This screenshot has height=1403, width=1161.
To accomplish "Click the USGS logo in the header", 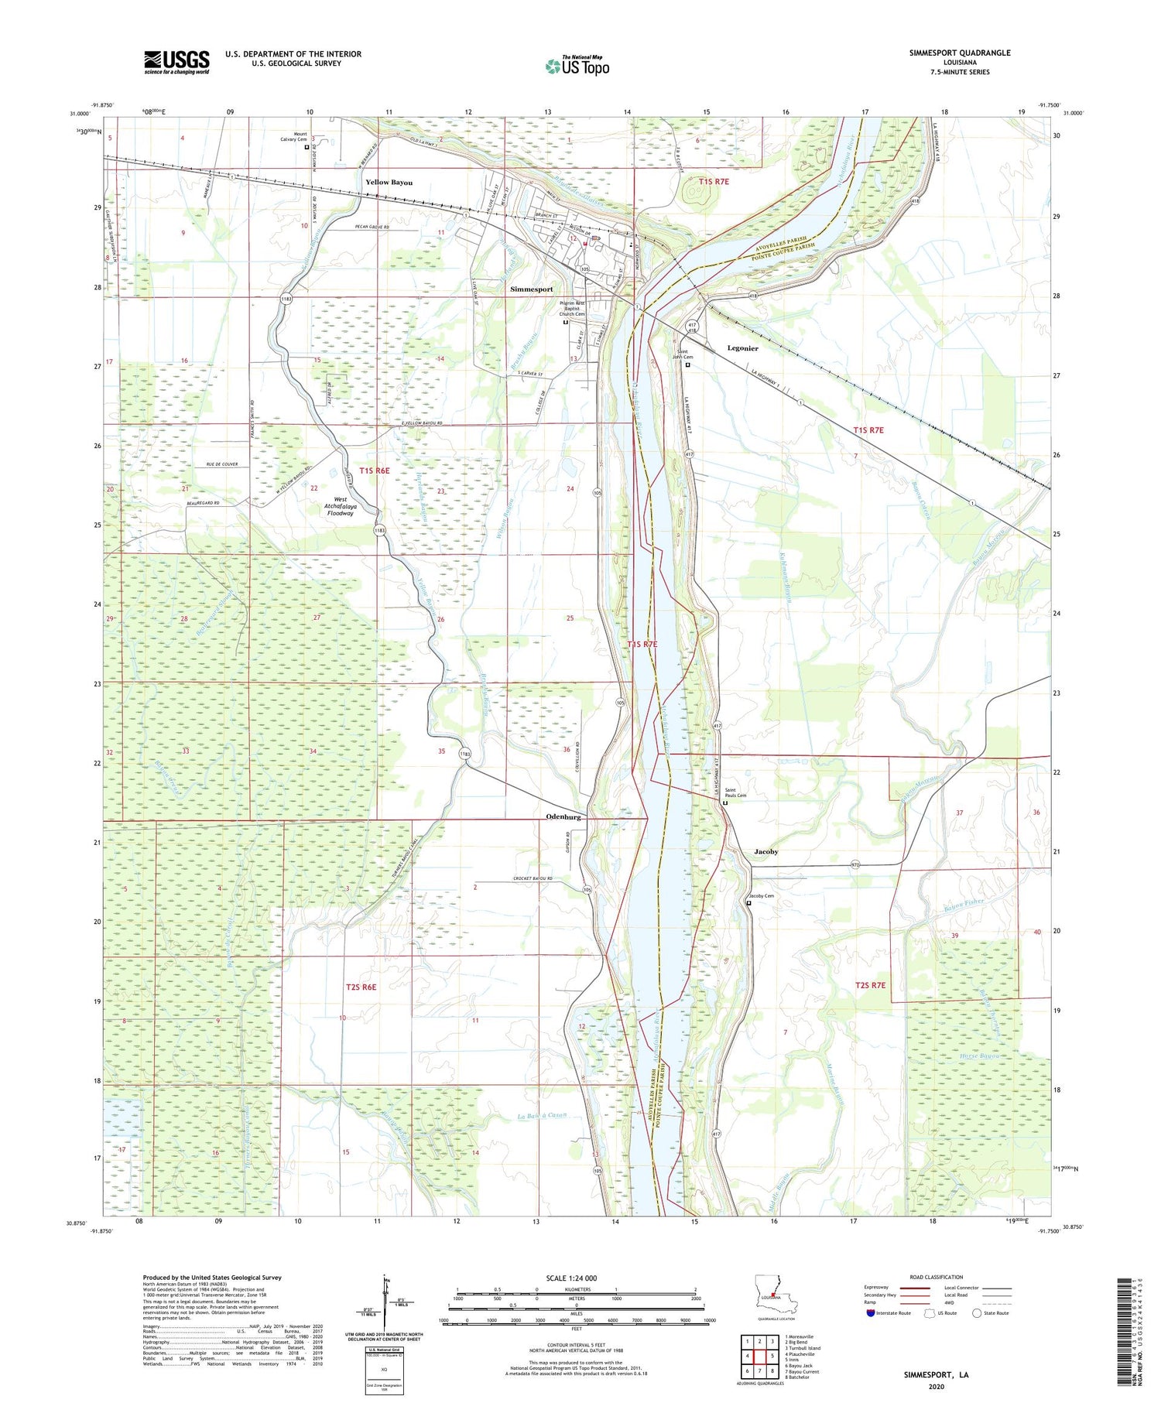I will [x=176, y=62].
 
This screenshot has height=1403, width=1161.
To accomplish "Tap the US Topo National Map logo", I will [x=577, y=66].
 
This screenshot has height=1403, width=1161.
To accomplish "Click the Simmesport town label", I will [x=532, y=289].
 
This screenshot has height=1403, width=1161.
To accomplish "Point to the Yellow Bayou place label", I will [x=389, y=183].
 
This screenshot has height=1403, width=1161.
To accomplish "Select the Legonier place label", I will [x=742, y=348].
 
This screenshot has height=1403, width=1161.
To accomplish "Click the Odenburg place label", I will [x=563, y=817].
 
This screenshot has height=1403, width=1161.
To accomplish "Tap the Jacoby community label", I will [x=765, y=851].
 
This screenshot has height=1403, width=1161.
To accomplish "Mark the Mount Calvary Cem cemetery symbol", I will [x=307, y=147].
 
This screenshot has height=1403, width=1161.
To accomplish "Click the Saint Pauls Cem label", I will [x=735, y=793].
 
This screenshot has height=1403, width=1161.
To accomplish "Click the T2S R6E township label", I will [x=361, y=987].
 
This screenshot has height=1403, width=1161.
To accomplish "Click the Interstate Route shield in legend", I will [x=871, y=1313].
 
